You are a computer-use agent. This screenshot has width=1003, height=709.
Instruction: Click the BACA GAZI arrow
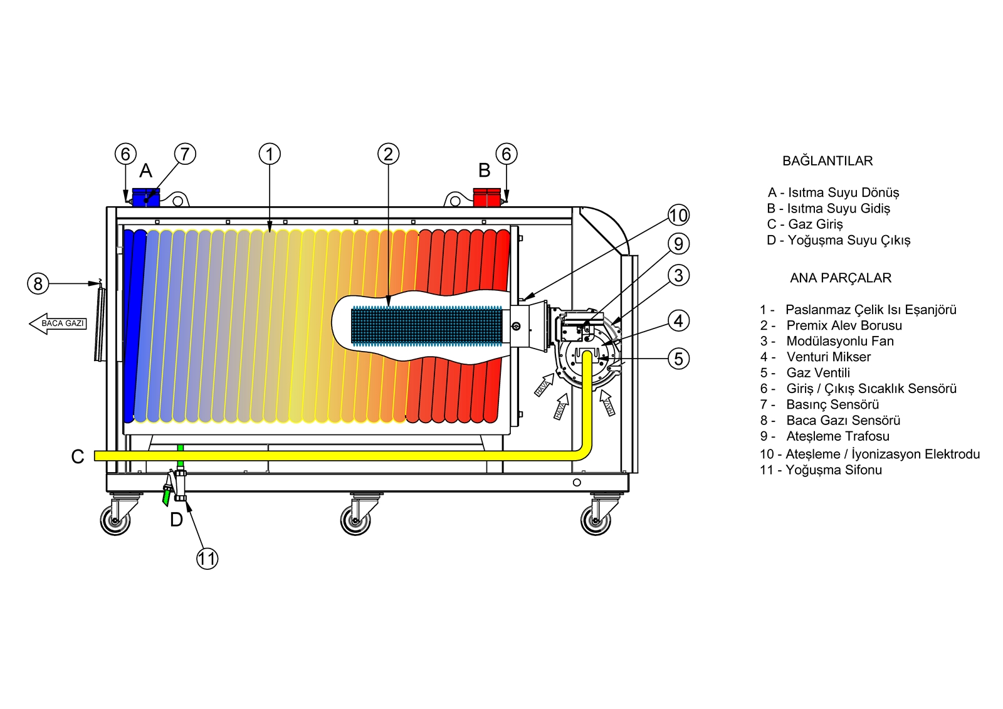click(x=58, y=323)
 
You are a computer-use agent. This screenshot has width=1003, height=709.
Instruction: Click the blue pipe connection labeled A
click(x=146, y=197)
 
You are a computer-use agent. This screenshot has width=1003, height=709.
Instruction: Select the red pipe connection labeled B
click(x=486, y=197)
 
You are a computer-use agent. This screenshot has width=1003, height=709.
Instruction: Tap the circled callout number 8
click(x=38, y=284)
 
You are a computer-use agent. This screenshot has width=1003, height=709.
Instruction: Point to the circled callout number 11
click(x=207, y=559)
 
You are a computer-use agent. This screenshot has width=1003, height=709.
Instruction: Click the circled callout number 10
click(x=678, y=216)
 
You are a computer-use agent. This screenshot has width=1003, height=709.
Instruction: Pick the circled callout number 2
click(x=388, y=154)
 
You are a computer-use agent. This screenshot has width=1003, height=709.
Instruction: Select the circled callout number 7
click(x=185, y=154)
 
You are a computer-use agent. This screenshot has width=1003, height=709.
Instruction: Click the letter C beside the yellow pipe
click(x=78, y=456)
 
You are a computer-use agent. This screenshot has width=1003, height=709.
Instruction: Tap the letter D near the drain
click(x=177, y=519)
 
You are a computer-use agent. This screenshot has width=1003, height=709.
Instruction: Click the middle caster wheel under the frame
click(x=356, y=520)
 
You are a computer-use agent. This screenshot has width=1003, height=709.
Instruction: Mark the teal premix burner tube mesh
click(x=426, y=326)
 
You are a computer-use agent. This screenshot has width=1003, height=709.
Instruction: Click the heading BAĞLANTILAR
click(x=827, y=161)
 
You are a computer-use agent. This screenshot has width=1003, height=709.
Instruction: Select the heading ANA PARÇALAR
click(x=840, y=278)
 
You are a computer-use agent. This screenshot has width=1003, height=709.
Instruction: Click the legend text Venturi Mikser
click(x=828, y=357)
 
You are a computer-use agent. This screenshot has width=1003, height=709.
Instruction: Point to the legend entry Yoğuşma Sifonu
click(x=833, y=470)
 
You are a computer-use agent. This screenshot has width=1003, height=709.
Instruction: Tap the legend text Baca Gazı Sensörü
click(x=843, y=420)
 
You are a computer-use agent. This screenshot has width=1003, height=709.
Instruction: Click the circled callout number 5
click(x=678, y=359)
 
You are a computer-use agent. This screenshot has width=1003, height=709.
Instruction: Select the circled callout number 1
click(x=270, y=154)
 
